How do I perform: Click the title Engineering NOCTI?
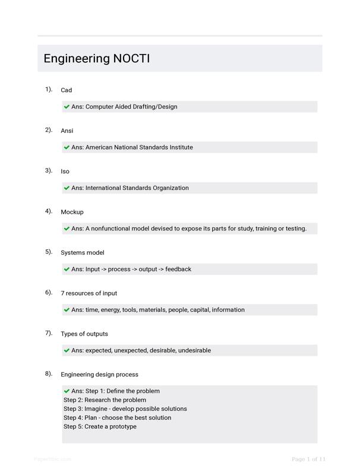point(96,59)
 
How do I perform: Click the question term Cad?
point(66,90)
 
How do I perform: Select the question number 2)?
point(49,129)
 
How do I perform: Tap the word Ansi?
point(67,131)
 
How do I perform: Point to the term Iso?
point(65,172)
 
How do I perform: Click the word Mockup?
point(72,212)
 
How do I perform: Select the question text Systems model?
point(82,252)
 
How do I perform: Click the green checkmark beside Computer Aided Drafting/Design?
point(67,107)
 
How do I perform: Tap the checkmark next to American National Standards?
point(67,147)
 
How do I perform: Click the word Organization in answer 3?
point(170,188)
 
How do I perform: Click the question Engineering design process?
point(99,375)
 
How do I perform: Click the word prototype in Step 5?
point(122,427)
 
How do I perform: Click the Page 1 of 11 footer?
point(308,459)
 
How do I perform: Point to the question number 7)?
point(49,333)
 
